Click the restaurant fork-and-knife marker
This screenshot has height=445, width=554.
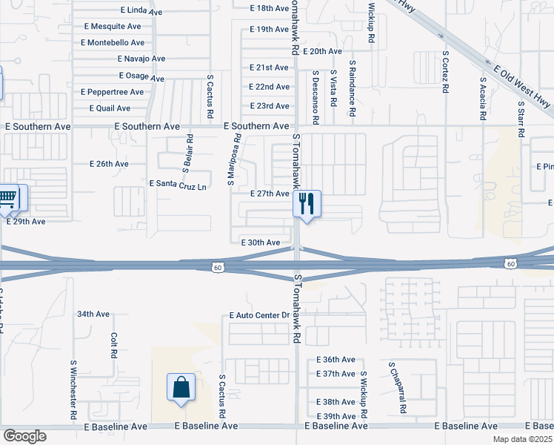(x=307, y=202)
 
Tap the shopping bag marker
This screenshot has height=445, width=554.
(x=181, y=386)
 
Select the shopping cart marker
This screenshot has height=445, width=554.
(x=7, y=197)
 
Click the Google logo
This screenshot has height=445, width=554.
(x=24, y=436)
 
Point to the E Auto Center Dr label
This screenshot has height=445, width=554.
(x=259, y=316)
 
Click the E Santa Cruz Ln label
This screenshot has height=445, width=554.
(x=178, y=183)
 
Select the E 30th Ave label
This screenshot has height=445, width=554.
(x=261, y=243)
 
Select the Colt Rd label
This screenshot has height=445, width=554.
(x=114, y=345)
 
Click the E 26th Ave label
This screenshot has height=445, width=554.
(x=109, y=164)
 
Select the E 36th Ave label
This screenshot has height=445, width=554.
(x=335, y=359)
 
